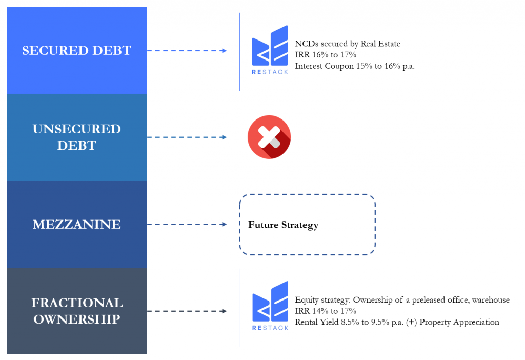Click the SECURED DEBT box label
(77, 51)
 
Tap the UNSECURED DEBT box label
(77, 137)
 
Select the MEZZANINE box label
(77, 224)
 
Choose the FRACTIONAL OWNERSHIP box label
(77, 310)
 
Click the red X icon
(269, 137)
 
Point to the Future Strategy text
(283, 225)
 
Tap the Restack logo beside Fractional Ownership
(270, 306)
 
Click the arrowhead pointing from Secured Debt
(224, 51)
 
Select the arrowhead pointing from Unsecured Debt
(224, 137)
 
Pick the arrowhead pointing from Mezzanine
(224, 224)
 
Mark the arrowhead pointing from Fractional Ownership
(224, 311)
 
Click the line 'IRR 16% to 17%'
(326, 55)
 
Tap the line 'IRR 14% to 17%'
(326, 311)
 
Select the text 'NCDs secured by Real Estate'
(348, 44)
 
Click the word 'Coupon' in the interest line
(339, 66)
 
